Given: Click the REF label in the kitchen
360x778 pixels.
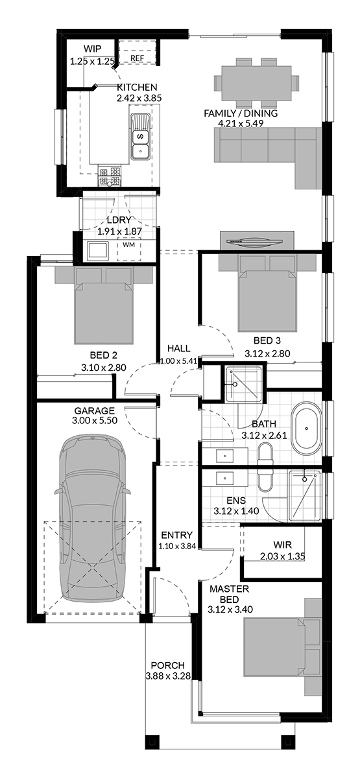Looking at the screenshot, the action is coord(137,58).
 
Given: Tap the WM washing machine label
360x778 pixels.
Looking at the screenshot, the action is coord(128,245).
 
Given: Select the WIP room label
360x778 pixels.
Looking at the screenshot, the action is coord(92,49).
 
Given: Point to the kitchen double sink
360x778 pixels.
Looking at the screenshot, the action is coord(140,137).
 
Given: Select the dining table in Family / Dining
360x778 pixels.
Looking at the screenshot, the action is coord(256,83).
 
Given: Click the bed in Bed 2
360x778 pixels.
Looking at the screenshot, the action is coord(104,305).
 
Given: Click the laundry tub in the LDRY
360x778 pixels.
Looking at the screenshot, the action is coord(97,250).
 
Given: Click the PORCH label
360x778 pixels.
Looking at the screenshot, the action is coord(168,666).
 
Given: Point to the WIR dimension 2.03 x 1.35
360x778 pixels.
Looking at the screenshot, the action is coord(283,556).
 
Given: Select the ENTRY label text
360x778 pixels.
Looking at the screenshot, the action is coord(177,536).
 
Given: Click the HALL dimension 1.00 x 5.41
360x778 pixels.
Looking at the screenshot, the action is coord(178,361).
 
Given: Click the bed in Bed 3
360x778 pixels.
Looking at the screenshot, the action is coord(267,292).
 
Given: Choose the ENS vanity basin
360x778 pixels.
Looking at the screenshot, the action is coord(224,478).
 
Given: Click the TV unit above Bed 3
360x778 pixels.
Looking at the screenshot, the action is coord(257,241).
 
